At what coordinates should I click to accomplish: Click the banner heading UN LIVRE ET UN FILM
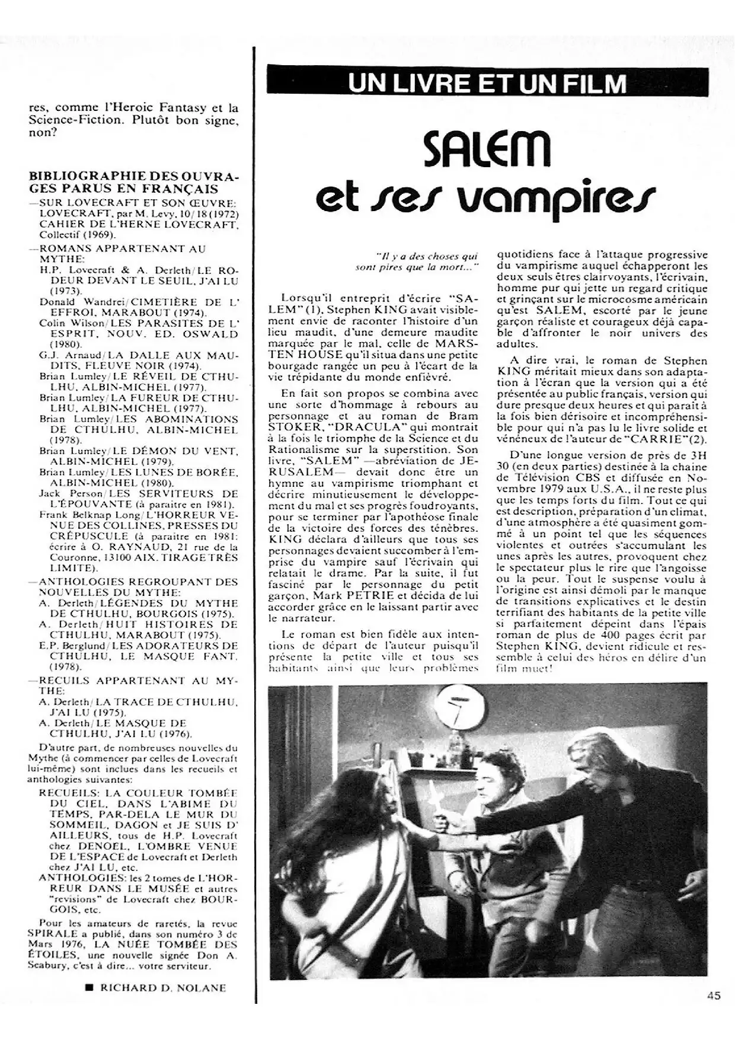(x=487, y=82)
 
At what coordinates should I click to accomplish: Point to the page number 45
(x=714, y=996)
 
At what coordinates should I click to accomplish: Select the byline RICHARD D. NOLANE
(x=163, y=987)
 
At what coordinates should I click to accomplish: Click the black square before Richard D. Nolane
(x=90, y=987)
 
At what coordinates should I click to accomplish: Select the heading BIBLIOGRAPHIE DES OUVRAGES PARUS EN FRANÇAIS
(x=133, y=183)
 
